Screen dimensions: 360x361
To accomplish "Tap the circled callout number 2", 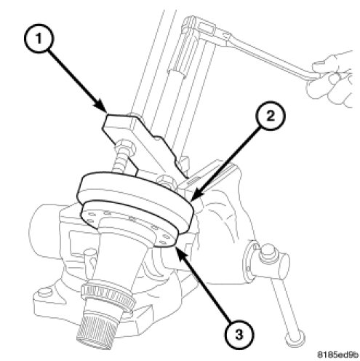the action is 271,116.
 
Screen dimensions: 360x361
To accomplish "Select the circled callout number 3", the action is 239,335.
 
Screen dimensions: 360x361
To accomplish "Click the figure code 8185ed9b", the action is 337,354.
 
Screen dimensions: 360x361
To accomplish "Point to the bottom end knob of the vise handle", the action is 295,339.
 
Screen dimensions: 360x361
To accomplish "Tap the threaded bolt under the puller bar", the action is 119,162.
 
